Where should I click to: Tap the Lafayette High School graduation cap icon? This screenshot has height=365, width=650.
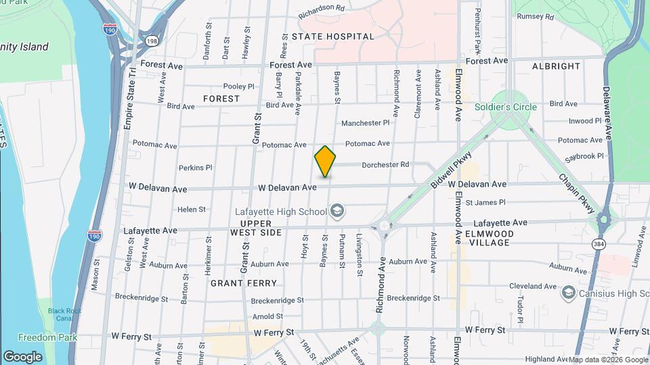(x=337, y=212)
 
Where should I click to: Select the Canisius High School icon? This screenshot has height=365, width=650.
(x=568, y=293)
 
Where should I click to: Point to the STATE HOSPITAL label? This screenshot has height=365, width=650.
(x=332, y=36)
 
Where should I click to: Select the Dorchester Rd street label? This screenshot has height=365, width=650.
(x=385, y=164)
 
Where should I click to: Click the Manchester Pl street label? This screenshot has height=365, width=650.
(x=366, y=123)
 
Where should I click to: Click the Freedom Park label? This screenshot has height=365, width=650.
(x=47, y=337)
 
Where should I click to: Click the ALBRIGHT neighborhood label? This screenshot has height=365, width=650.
(x=556, y=66)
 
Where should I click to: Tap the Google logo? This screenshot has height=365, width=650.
(x=22, y=356)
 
